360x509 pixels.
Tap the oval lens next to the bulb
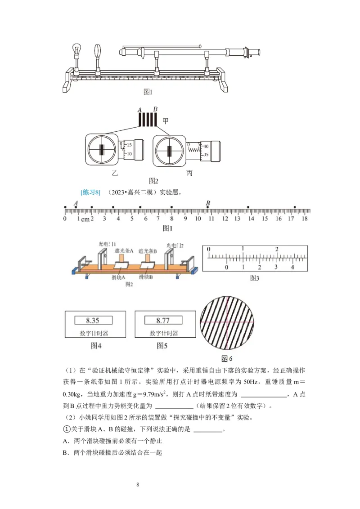(98, 52)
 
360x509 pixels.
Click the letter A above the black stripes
(139, 109)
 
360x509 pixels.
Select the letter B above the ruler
(208, 203)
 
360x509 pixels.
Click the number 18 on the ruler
(305, 219)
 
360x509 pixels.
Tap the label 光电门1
(104, 244)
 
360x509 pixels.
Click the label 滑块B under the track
(145, 277)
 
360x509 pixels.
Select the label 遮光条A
(122, 250)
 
